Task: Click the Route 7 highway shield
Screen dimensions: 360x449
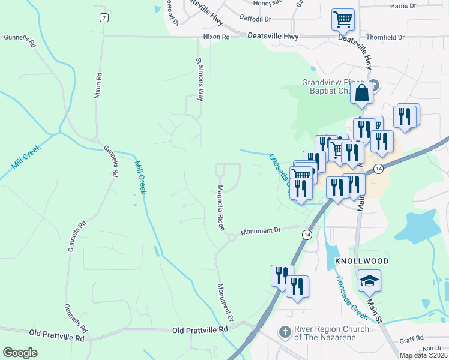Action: [104, 18]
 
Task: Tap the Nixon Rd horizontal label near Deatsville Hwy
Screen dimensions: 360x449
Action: [217, 37]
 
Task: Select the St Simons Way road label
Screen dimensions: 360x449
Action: [200, 79]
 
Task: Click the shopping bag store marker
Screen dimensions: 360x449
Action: [362, 94]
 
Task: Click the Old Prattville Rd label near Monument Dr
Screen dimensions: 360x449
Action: [200, 330]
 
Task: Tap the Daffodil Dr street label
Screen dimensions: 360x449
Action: [255, 19]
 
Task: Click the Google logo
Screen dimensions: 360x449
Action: [20, 353]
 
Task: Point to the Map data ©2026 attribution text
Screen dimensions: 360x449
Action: [423, 355]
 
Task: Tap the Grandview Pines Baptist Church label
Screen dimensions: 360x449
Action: [332, 87]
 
